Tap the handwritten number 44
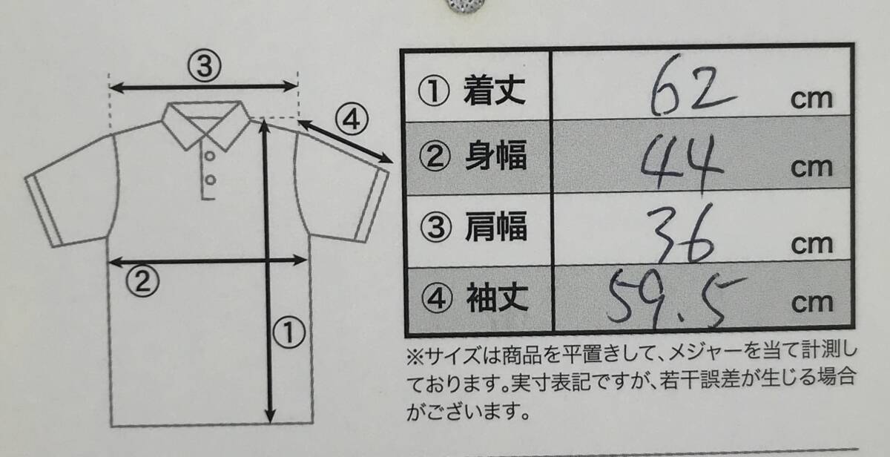[x=682, y=162]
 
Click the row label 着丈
[x=495, y=91]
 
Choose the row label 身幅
[x=496, y=155]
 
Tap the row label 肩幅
[x=496, y=226]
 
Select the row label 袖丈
[x=497, y=298]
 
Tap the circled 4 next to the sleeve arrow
[x=352, y=119]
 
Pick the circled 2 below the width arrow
[x=142, y=280]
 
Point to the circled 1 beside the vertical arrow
[x=289, y=332]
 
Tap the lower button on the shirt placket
[x=211, y=180]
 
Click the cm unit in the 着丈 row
[x=811, y=99]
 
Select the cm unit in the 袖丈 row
[x=811, y=303]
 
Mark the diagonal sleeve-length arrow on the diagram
[x=346, y=142]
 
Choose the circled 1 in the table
[x=434, y=91]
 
